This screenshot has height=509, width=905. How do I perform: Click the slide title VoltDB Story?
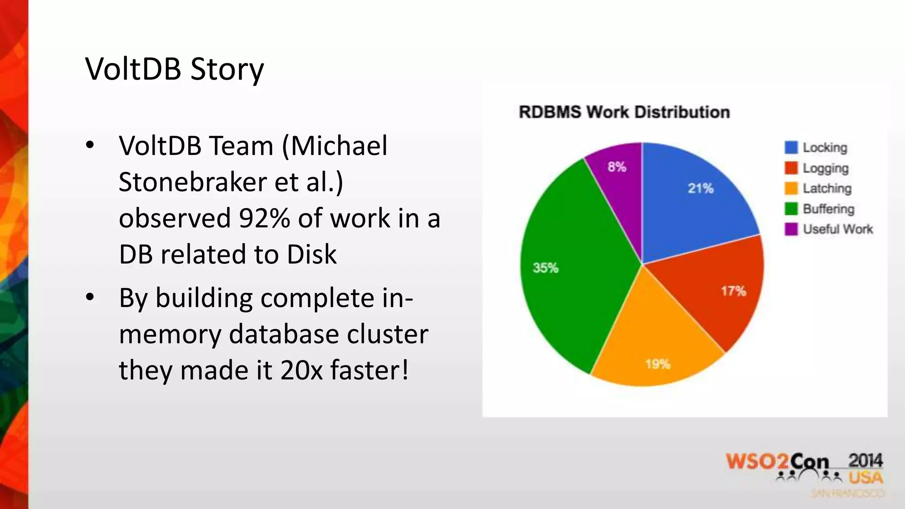coord(175,69)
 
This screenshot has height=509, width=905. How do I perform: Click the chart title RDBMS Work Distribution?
coord(624,112)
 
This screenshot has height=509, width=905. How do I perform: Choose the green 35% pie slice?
coord(574,265)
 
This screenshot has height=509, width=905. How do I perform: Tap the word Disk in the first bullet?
coord(312,254)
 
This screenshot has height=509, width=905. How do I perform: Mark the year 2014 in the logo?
coord(865,461)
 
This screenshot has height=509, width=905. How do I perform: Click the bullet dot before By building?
coord(90,298)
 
